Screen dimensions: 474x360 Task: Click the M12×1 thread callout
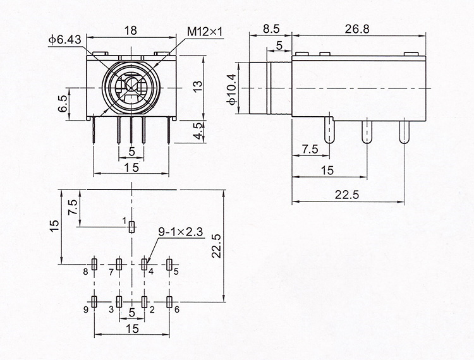coord(205,32)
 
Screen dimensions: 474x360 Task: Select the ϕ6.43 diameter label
coord(64,40)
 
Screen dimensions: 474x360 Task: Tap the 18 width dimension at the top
coord(131,30)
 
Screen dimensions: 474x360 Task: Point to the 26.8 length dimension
coord(357,29)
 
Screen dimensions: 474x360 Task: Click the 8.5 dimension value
coord(271,29)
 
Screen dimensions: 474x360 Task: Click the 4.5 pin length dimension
coord(198,131)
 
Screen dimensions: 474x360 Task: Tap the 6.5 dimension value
coord(63,104)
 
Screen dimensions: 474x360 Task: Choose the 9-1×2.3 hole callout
coord(181,232)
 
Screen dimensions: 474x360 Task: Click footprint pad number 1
coord(131,227)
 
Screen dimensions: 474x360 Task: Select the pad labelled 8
coord(94,264)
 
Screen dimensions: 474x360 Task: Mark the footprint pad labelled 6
coord(169,302)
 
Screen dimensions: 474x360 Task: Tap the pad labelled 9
coord(94,302)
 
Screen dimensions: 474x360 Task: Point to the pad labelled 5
coord(169,264)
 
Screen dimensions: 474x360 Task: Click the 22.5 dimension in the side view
coord(347,195)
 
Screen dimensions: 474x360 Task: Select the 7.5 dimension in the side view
coord(310,149)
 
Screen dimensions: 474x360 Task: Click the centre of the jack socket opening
coord(131,88)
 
